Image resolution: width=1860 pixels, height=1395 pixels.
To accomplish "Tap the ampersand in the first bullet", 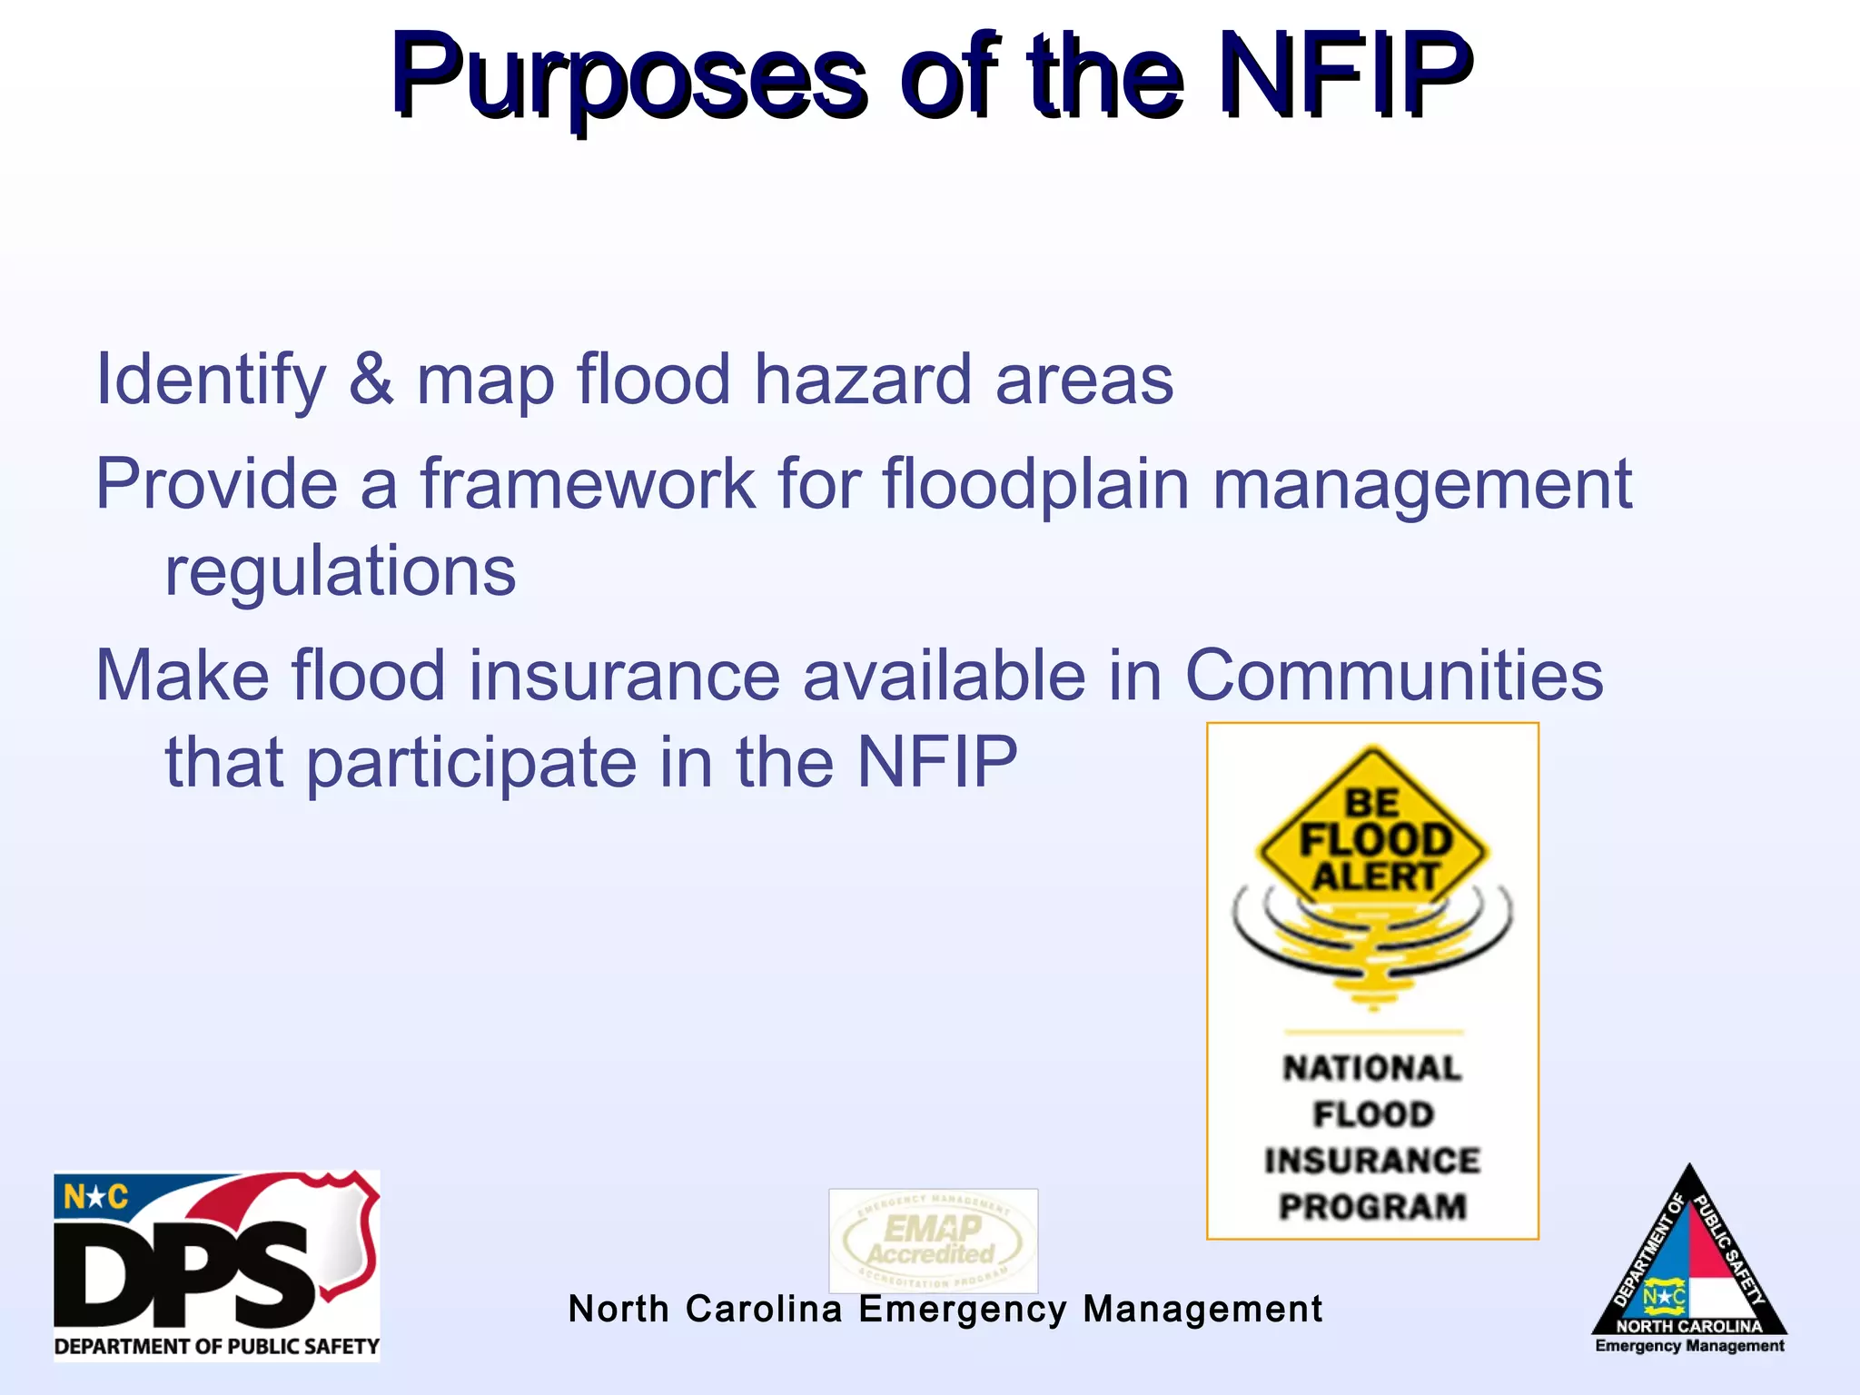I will pyautogui.click(x=371, y=380).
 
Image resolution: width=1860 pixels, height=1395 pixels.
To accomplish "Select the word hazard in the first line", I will pyautogui.click(x=863, y=380).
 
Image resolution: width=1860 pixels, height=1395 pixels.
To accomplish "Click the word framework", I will pyautogui.click(x=588, y=484).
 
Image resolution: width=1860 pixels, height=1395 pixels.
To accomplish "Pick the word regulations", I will pyautogui.click(x=340, y=572).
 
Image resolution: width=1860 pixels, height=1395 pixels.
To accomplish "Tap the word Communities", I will pyautogui.click(x=1394, y=676).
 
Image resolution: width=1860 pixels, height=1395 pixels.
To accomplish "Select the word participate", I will pyautogui.click(x=471, y=763).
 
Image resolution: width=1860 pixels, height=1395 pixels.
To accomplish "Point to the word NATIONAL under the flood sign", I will pyautogui.click(x=1372, y=1068).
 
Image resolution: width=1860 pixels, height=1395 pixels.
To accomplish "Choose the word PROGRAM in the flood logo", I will pyautogui.click(x=1372, y=1207).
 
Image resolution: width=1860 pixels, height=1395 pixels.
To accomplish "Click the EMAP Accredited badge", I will pyautogui.click(x=933, y=1241).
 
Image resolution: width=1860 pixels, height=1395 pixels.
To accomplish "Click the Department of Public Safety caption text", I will pyautogui.click(x=216, y=1346).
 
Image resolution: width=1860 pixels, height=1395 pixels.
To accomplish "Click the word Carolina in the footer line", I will pyautogui.click(x=764, y=1309).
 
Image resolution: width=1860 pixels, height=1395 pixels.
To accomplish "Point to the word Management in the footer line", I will pyautogui.click(x=1202, y=1309).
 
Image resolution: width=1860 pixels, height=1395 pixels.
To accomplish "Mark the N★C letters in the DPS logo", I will pyautogui.click(x=95, y=1198).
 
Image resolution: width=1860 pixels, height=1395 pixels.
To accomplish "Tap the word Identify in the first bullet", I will pyautogui.click(x=211, y=380).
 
